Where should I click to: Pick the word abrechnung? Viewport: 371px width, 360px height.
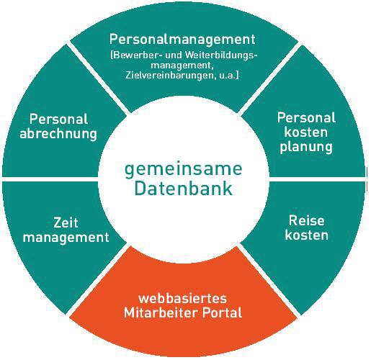pyautogui.click(x=58, y=134)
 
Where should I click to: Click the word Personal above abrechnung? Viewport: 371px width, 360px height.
pyautogui.click(x=58, y=119)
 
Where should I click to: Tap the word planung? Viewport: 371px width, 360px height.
pyautogui.click(x=306, y=147)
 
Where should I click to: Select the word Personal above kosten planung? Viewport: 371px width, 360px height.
pyautogui.click(x=306, y=117)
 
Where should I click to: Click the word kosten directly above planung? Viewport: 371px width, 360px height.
pyautogui.click(x=306, y=132)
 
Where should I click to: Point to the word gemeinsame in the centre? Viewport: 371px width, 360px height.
pyautogui.click(x=184, y=169)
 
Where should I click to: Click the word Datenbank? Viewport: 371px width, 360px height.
pyautogui.click(x=183, y=189)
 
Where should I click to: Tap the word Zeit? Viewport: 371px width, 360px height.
pyautogui.click(x=66, y=222)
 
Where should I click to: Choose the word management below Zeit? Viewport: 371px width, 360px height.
pyautogui.click(x=66, y=238)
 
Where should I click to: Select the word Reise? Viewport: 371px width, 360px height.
pyautogui.click(x=306, y=220)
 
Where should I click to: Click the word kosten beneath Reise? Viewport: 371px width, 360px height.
pyautogui.click(x=306, y=235)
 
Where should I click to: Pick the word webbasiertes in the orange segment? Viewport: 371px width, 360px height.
pyautogui.click(x=182, y=299)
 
